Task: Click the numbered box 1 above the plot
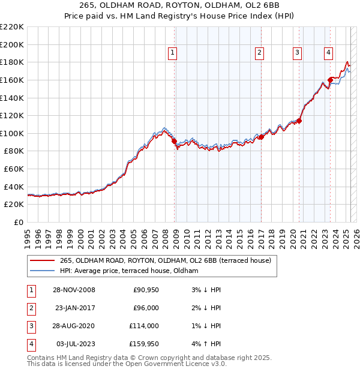pyautogui.click(x=172, y=53)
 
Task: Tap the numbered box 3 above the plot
pyautogui.click(x=297, y=53)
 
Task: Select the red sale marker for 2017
pyautogui.click(x=262, y=137)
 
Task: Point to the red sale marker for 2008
pyautogui.click(x=175, y=142)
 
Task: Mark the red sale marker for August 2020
pyautogui.click(x=299, y=121)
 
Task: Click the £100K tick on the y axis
pyautogui.click(x=13, y=133)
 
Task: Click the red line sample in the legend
pyautogui.click(x=42, y=260)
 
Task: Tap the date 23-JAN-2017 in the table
pyautogui.click(x=75, y=308)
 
